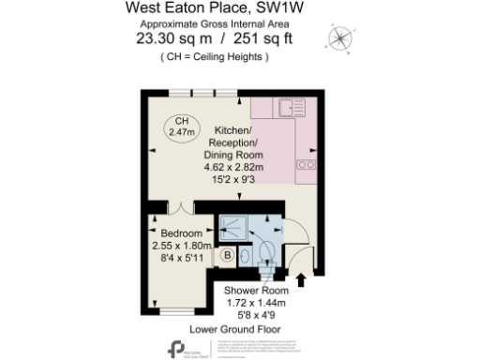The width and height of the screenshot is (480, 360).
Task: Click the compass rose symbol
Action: click(x=339, y=38)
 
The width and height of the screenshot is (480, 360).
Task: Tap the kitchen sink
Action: click(x=288, y=108)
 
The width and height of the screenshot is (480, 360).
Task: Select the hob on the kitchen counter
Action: click(x=306, y=165)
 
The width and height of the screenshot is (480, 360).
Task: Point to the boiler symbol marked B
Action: click(x=228, y=253)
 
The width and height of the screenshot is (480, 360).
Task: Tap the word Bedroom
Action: click(x=181, y=233)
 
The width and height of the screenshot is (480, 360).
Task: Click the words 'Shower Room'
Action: click(x=255, y=290)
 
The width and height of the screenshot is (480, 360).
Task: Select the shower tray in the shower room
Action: click(x=232, y=227)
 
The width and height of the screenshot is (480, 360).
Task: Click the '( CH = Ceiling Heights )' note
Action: click(x=215, y=56)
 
